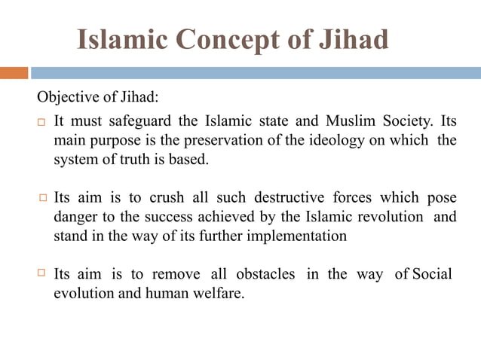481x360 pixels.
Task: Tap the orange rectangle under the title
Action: coord(14,73)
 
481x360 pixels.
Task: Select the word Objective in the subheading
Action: coord(65,99)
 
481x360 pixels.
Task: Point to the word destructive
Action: coord(292,198)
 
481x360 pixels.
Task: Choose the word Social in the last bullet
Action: coord(431,274)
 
